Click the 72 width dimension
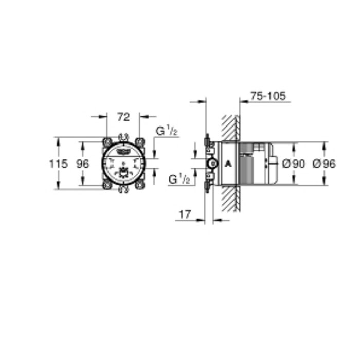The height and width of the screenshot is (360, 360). [x=122, y=117]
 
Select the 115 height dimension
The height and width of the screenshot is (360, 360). [x=58, y=164]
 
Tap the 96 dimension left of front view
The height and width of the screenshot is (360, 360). [x=82, y=164]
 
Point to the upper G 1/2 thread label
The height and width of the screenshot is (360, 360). [x=167, y=131]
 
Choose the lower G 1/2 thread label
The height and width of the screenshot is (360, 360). [x=180, y=179]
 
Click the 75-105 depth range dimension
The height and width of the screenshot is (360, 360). [x=267, y=96]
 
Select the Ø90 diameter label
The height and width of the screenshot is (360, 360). [x=294, y=164]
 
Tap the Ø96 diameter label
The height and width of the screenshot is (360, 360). [x=323, y=164]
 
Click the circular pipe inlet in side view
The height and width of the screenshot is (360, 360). [x=210, y=164]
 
